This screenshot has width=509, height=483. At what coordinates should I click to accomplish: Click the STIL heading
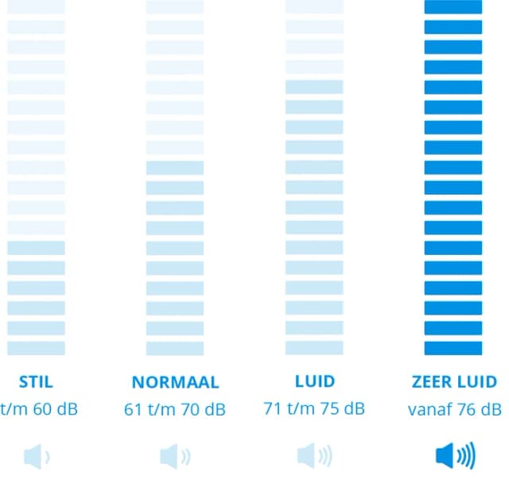[36, 382]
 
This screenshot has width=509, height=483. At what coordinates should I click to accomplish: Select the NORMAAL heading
[175, 382]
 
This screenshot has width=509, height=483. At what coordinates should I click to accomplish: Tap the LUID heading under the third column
[314, 382]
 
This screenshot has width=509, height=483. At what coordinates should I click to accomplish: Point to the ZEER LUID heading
[453, 382]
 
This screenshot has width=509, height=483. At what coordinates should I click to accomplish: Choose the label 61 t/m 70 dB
[175, 410]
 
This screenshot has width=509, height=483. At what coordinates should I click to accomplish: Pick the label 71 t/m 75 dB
[314, 410]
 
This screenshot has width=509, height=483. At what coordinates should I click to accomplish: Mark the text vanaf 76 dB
[453, 410]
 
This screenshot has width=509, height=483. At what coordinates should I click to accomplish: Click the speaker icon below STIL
[37, 457]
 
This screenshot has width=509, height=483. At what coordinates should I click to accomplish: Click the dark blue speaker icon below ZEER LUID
[454, 457]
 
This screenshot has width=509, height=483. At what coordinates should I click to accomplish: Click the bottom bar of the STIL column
[36, 348]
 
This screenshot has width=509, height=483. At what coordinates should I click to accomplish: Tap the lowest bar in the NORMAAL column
[175, 348]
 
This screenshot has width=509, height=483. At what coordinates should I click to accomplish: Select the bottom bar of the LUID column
[314, 348]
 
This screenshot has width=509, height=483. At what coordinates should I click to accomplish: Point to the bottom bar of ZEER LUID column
[453, 348]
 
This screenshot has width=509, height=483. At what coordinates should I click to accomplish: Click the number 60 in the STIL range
[43, 410]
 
